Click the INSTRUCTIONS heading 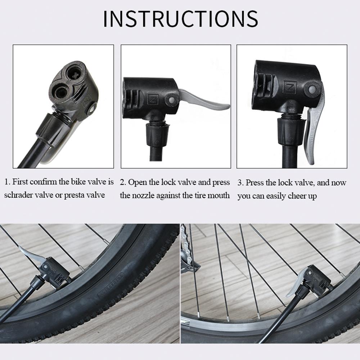point(180,19)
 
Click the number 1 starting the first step point(6,182)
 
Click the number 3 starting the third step point(240,183)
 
